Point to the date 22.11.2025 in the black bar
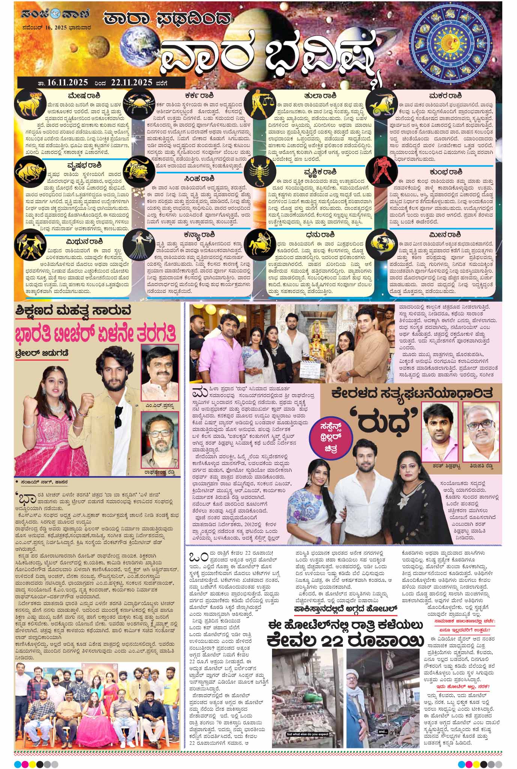click(131, 83)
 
